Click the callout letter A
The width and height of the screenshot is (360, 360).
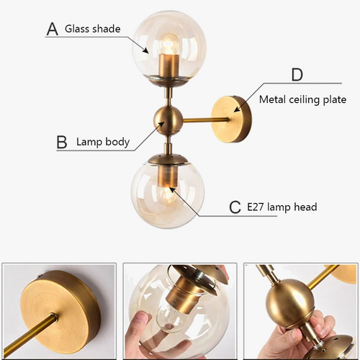click(x=53, y=30)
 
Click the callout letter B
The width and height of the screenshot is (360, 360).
click(x=62, y=142)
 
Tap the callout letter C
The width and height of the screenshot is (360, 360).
click(x=235, y=207)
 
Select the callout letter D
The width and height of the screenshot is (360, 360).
click(x=297, y=74)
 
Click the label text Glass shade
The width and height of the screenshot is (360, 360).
click(x=93, y=29)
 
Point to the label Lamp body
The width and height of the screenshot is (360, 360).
click(x=103, y=142)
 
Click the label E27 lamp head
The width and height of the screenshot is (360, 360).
click(x=282, y=207)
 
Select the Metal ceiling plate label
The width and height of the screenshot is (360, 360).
click(x=302, y=99)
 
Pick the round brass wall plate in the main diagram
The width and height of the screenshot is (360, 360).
click(x=232, y=119)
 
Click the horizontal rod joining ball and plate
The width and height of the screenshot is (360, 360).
click(x=206, y=120)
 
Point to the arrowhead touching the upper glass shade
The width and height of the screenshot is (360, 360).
click(x=145, y=50)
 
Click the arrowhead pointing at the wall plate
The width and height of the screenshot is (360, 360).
click(x=237, y=109)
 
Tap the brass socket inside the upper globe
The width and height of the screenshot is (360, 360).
click(x=169, y=65)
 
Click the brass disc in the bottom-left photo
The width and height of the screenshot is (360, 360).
click(x=60, y=309)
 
